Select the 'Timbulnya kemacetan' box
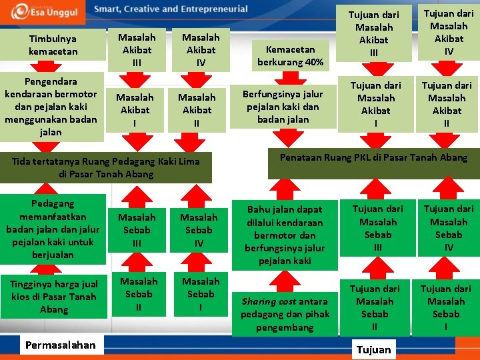[x=53, y=45]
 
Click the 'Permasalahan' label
[x=60, y=345]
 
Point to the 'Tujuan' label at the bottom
[x=374, y=350]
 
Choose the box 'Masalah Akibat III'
[x=137, y=50]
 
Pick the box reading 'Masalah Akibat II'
[x=197, y=110]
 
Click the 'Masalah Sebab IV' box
[x=199, y=230]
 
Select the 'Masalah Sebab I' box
[x=201, y=294]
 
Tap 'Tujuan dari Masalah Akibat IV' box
[x=448, y=32]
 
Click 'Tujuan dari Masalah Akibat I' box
[x=376, y=104]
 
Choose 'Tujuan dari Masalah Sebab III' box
[x=378, y=228]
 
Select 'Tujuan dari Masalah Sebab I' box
[x=446, y=307]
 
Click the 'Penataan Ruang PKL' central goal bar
[x=373, y=162]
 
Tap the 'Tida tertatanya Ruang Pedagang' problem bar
[x=106, y=167]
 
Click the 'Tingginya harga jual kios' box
[x=53, y=297]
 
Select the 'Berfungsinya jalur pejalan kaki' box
[x=282, y=107]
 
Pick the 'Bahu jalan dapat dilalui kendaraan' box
[x=285, y=235]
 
